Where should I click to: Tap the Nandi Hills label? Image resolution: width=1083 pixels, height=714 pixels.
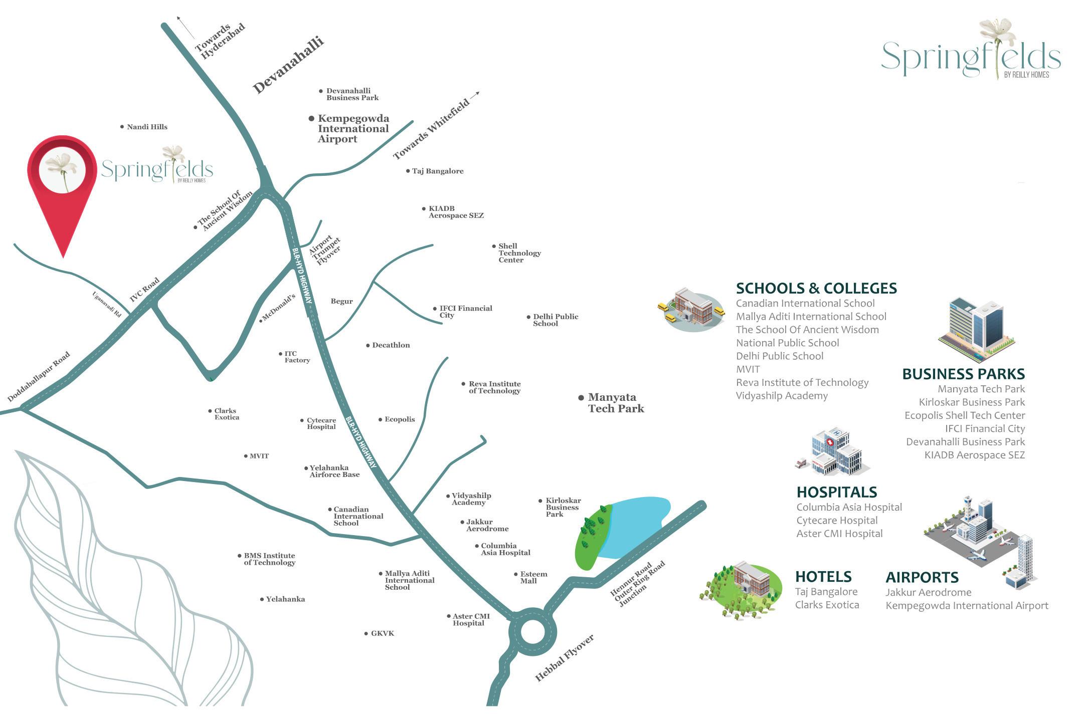pyautogui.click(x=147, y=127)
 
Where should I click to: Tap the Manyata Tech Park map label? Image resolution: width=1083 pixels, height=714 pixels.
pyautogui.click(x=616, y=403)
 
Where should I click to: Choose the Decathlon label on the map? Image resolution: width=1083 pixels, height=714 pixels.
pyautogui.click(x=391, y=345)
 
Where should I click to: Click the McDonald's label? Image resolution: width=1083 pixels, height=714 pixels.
pyautogui.click(x=279, y=307)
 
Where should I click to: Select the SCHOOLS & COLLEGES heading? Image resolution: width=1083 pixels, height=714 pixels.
pyautogui.click(x=816, y=288)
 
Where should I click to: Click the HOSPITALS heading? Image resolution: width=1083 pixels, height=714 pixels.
pyautogui.click(x=837, y=492)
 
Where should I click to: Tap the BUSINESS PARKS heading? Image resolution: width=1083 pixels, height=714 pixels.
pyautogui.click(x=963, y=374)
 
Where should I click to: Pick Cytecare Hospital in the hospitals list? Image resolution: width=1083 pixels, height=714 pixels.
pyautogui.click(x=837, y=521)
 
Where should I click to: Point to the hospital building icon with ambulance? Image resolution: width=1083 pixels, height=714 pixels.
pyautogui.click(x=831, y=452)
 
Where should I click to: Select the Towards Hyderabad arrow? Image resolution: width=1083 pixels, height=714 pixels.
pyautogui.click(x=186, y=27)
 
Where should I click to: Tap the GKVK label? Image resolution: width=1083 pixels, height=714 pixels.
pyautogui.click(x=383, y=634)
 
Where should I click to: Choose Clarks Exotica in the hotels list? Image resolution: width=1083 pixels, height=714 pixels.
pyautogui.click(x=827, y=605)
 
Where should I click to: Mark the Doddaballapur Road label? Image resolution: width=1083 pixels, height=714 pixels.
pyautogui.click(x=39, y=377)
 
